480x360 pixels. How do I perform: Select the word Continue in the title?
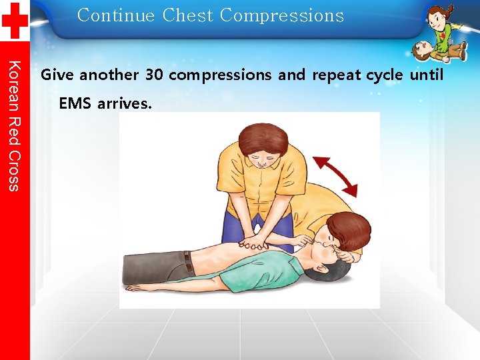(x=115, y=15)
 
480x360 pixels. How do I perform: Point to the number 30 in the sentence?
(x=154, y=75)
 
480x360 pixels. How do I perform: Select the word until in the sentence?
(x=427, y=75)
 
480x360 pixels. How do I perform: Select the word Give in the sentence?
(x=57, y=75)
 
